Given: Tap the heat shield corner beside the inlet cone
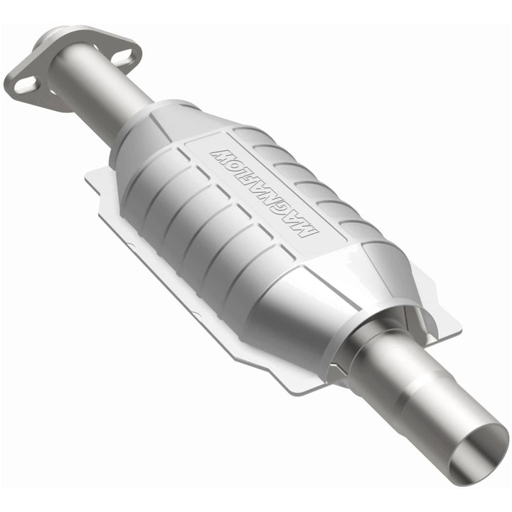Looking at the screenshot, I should tap(92, 178).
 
